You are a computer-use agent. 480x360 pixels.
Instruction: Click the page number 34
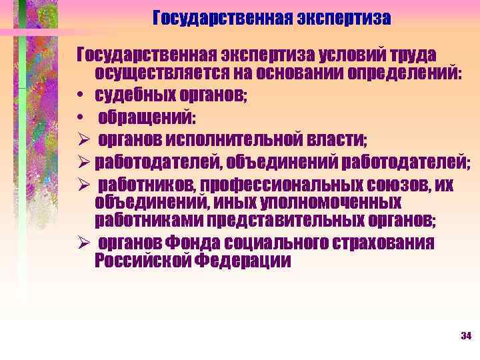tap(466, 335)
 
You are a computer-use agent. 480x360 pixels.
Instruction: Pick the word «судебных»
tap(136, 95)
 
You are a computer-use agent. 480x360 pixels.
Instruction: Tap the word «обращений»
tap(147, 118)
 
